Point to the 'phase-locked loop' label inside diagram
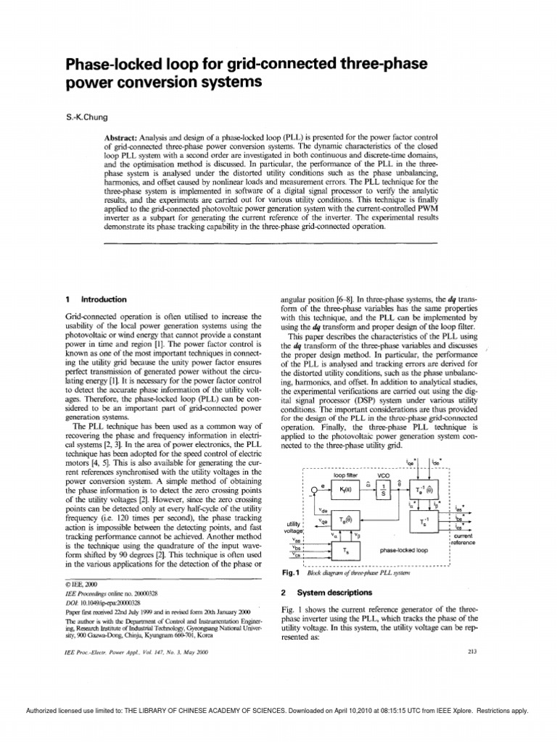pos(403,551)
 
